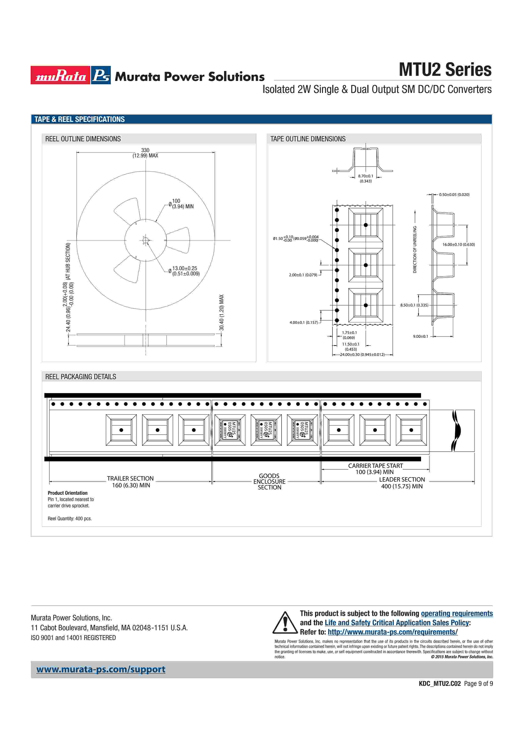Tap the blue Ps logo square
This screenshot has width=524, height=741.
click(x=101, y=75)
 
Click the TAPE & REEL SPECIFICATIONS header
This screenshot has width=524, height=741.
click(x=79, y=119)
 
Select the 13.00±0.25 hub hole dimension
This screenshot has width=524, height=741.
click(x=184, y=271)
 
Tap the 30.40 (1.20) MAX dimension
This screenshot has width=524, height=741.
click(x=222, y=312)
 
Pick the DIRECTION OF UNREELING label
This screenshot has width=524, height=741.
click(x=415, y=249)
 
